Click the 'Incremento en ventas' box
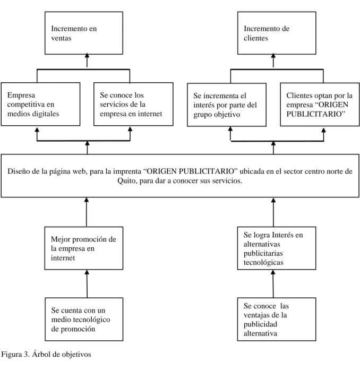coord(84,33)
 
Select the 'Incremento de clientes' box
coord(277,33)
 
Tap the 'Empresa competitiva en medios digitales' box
coord(40,104)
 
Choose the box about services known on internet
coord(133,104)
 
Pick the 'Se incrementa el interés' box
coord(227,105)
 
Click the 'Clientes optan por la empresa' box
coord(320,105)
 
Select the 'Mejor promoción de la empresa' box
coord(84,248)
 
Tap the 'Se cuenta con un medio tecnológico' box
coord(84,320)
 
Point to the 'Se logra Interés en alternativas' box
coord(277,248)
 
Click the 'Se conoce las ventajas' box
coord(277,320)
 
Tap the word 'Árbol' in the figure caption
coord(41,354)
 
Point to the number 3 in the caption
coord(26,355)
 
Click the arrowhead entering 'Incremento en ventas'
coord(87,56)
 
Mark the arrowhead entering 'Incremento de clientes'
coord(273,56)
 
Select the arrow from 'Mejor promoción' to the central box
coord(87,212)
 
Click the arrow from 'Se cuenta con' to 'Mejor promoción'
coord(87,284)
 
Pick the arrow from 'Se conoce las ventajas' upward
coord(273,284)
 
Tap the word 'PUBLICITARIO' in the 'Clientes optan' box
coord(315,114)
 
